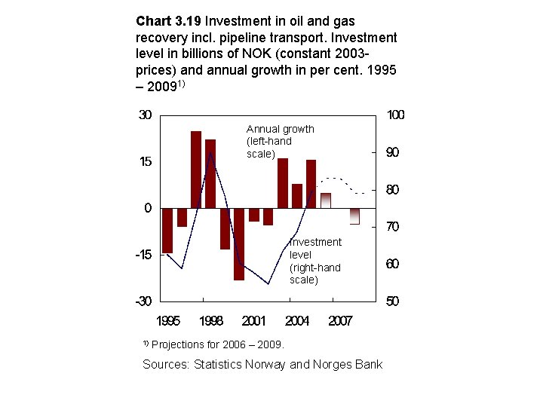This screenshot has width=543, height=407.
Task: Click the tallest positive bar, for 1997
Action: [x=196, y=170]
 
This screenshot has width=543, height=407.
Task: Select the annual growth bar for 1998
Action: [x=210, y=173]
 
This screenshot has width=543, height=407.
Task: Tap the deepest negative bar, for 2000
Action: [x=239, y=243]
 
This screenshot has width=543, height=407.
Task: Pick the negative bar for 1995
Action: [x=167, y=230]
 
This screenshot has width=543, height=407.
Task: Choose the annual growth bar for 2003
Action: [x=283, y=183]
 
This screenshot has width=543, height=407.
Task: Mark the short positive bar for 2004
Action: [x=297, y=196]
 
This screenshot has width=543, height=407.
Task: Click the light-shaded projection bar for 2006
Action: [x=326, y=200]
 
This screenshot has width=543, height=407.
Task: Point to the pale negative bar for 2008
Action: [x=354, y=216]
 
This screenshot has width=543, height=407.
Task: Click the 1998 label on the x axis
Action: [x=211, y=321]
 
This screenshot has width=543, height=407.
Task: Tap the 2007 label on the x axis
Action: [x=340, y=321]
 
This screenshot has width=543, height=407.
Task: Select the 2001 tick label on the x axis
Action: [x=254, y=321]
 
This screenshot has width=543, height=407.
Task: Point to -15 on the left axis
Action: [x=143, y=255]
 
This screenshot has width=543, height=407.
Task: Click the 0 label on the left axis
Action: [x=148, y=208]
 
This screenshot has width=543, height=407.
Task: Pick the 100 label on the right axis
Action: [x=395, y=115]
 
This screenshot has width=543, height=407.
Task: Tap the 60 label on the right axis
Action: [x=392, y=264]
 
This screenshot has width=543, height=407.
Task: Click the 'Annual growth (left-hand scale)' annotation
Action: [x=280, y=142]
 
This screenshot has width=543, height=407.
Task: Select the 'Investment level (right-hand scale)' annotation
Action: [x=315, y=261]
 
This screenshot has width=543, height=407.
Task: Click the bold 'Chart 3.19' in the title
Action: [x=169, y=20]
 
